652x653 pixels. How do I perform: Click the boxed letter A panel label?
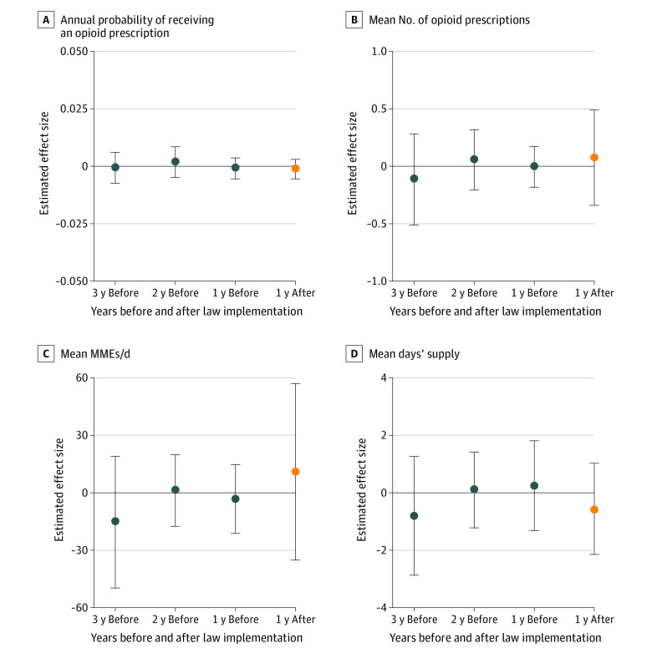click(x=46, y=18)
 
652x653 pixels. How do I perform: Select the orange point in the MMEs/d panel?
click(x=295, y=472)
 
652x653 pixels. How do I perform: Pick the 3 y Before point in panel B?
click(x=414, y=179)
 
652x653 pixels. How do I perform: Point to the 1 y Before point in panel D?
click(x=534, y=485)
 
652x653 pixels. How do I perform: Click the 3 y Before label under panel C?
click(x=115, y=619)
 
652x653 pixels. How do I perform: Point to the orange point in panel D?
click(x=594, y=509)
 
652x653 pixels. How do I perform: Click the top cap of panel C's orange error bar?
click(x=295, y=383)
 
